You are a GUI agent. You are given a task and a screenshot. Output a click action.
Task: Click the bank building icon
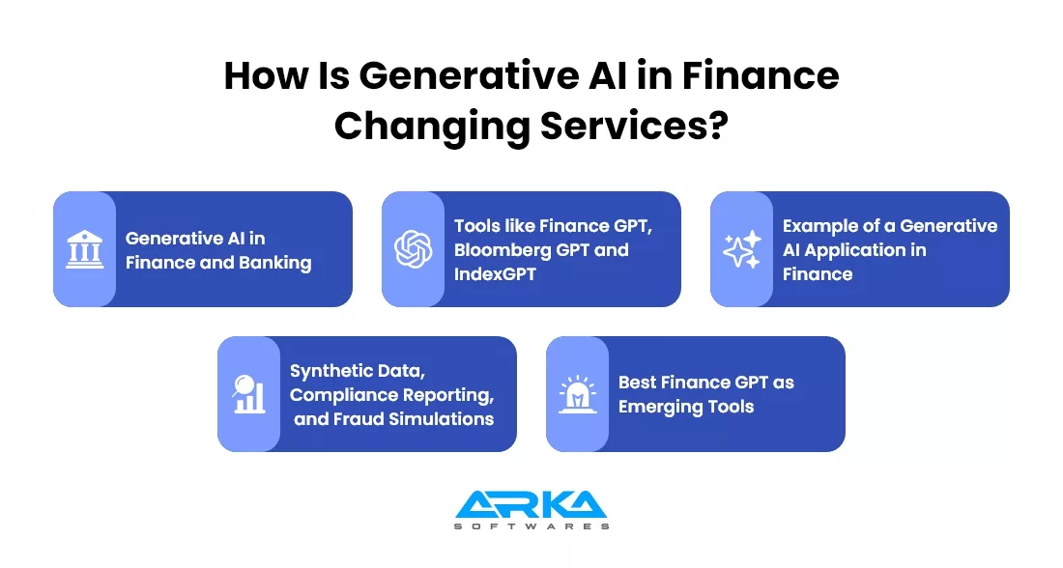tap(85, 249)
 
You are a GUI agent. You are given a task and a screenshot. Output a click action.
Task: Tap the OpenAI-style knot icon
tap(414, 249)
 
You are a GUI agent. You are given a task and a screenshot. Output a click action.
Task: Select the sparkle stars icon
tap(741, 249)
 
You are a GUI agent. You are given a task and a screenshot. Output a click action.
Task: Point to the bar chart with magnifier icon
tap(248, 394)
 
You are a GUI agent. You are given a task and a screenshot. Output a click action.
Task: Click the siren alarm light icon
tap(578, 394)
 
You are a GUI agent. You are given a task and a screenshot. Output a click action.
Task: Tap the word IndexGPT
tap(495, 273)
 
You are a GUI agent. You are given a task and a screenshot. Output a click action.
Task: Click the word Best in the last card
tap(637, 383)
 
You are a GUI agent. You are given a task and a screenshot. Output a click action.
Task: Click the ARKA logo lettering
tap(531, 504)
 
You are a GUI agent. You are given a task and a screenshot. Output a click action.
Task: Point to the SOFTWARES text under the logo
tap(531, 525)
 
